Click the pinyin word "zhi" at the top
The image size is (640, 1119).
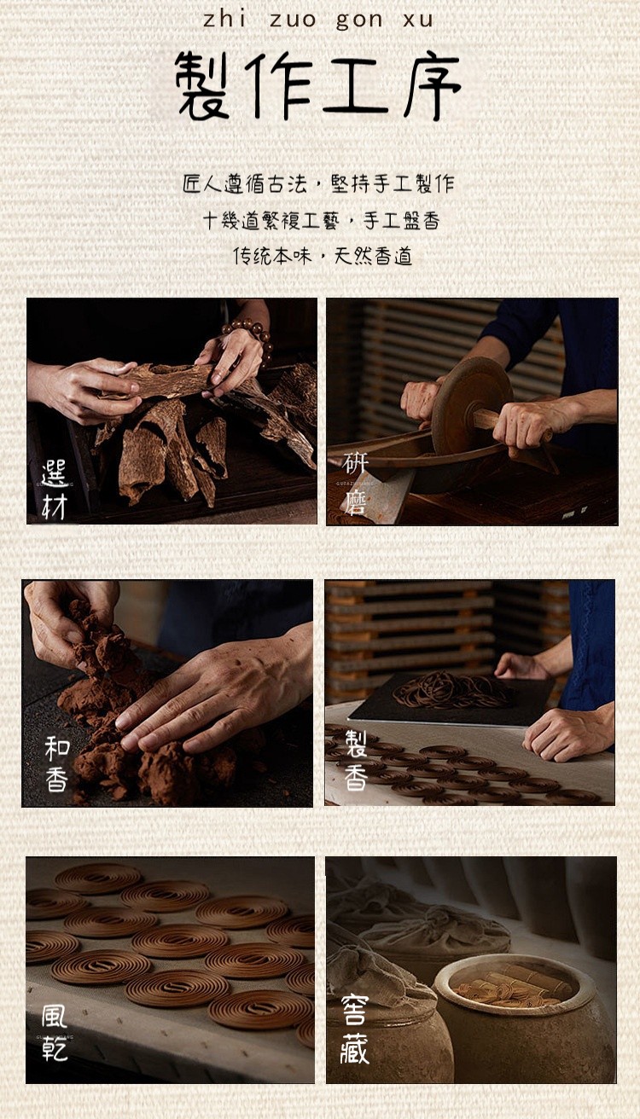[x=224, y=20]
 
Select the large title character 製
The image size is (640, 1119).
[x=203, y=86]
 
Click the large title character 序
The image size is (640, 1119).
[x=432, y=86]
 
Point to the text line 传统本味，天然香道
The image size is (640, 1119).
[x=323, y=256]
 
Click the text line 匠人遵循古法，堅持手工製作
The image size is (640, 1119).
[x=318, y=184]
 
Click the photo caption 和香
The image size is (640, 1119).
[x=56, y=764]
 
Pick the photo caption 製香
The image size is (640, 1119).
[x=356, y=760]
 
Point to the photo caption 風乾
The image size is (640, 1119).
[x=54, y=1033]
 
